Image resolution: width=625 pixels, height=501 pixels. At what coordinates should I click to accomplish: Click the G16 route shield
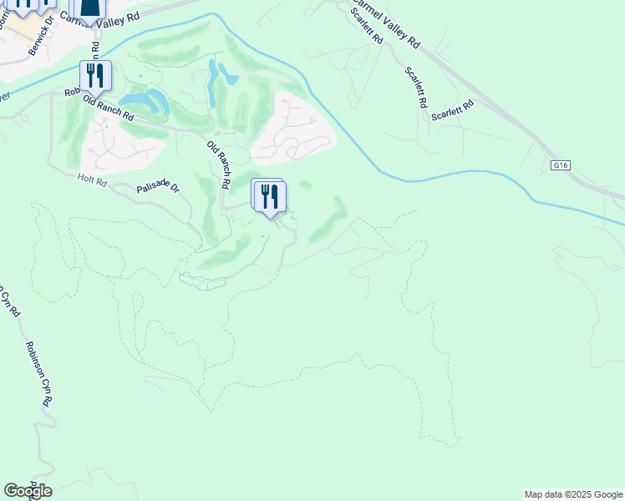click(560, 166)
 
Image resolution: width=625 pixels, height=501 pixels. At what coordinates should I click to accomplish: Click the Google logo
click(28, 491)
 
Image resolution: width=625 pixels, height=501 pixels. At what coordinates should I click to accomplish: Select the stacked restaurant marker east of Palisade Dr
click(269, 197)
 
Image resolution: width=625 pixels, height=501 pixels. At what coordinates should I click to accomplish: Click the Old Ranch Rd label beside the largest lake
click(109, 108)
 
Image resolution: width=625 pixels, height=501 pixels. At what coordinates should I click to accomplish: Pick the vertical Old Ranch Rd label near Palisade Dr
click(219, 163)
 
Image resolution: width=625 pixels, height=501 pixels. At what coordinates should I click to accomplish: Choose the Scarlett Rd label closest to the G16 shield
click(452, 111)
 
